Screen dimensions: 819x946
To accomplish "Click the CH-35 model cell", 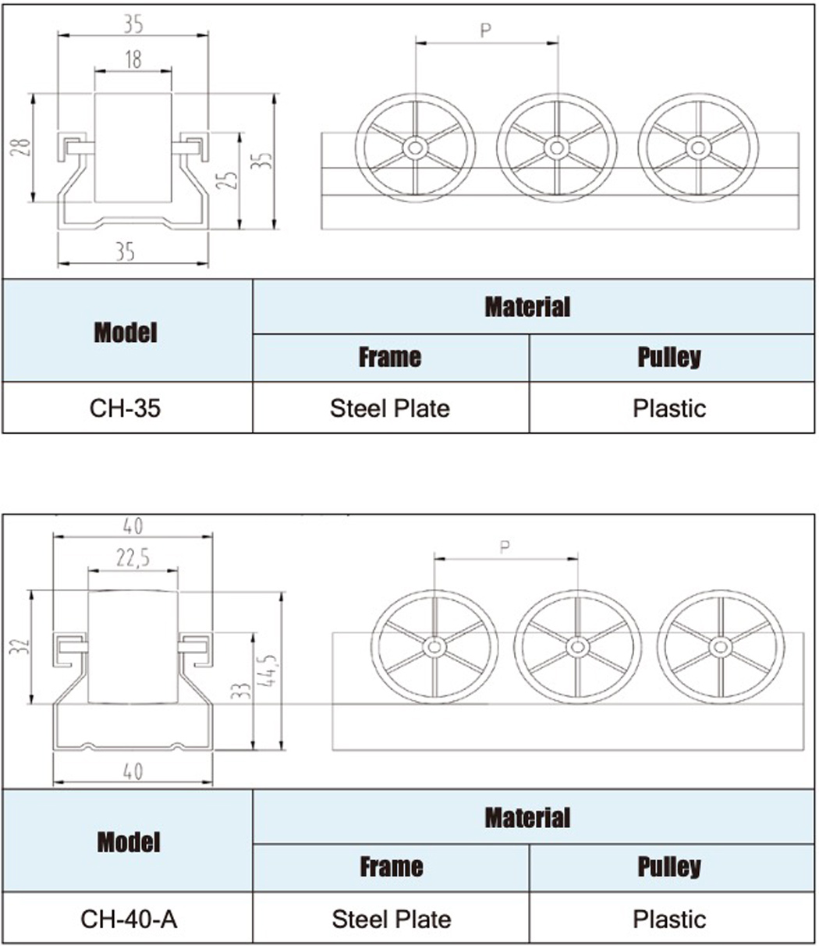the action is pyautogui.click(x=125, y=407).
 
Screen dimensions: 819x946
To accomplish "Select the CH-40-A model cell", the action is pyautogui.click(x=129, y=919).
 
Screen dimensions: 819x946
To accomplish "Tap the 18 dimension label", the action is pyautogui.click(x=133, y=60).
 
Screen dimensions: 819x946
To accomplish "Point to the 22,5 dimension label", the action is pyautogui.click(x=133, y=558).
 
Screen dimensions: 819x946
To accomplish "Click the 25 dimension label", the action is pyautogui.click(x=227, y=180).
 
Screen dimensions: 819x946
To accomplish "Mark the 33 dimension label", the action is pyautogui.click(x=240, y=691).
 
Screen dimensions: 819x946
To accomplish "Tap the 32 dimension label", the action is pyautogui.click(x=20, y=645).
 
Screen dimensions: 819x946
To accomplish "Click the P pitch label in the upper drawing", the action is pyautogui.click(x=486, y=30).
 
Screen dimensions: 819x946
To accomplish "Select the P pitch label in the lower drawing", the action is pyautogui.click(x=505, y=546).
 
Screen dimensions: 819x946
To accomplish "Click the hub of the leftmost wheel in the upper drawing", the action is pyautogui.click(x=415, y=148).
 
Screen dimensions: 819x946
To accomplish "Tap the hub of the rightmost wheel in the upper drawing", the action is pyautogui.click(x=698, y=148).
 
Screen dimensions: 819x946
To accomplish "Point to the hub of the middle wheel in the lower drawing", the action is pyautogui.click(x=577, y=647).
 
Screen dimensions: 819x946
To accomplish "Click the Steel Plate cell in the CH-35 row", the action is pyautogui.click(x=390, y=407).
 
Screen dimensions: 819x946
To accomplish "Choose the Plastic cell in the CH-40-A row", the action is pyautogui.click(x=669, y=919).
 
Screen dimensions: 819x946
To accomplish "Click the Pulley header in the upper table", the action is pyautogui.click(x=669, y=357).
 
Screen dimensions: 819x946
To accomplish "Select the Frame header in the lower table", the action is pyautogui.click(x=391, y=867).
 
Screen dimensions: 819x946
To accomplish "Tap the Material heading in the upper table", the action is pyautogui.click(x=527, y=307).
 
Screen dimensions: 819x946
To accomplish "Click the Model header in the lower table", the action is pyautogui.click(x=129, y=842).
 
